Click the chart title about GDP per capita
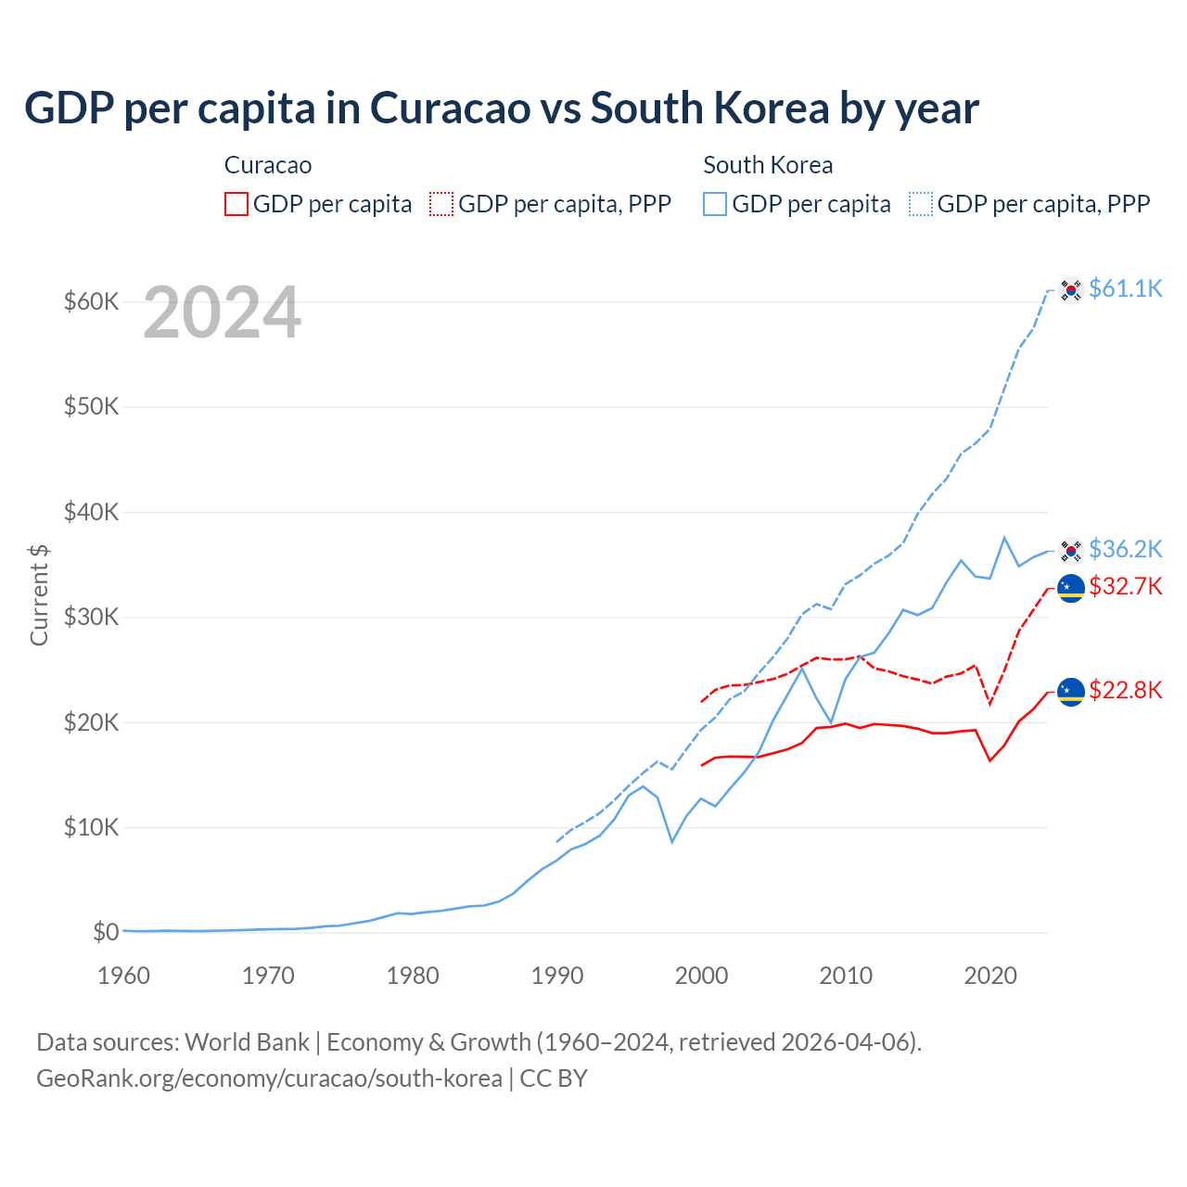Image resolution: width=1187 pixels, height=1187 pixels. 501,108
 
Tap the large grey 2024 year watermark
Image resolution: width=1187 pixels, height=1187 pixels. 222,313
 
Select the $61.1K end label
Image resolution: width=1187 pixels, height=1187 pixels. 1125,288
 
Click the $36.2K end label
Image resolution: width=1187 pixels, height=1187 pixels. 1125,549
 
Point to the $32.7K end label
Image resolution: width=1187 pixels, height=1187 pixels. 1125,586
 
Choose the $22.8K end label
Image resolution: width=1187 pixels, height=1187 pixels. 1125,690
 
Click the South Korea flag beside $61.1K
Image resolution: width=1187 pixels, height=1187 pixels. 1071,290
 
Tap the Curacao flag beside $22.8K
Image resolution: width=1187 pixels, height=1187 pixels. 1071,692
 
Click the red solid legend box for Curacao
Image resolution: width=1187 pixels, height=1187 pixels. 236,204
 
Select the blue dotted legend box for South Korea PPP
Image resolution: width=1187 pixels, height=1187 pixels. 921,204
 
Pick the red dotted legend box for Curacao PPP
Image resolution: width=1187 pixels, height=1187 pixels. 441,204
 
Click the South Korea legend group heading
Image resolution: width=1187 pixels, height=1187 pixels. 768,165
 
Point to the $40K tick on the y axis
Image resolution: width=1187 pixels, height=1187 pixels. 91,512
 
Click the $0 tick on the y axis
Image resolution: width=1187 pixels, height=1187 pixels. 106,932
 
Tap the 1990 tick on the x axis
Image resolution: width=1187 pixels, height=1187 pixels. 557,976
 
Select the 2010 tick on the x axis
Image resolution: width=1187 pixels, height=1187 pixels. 846,976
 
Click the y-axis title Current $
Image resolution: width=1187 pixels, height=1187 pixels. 39,594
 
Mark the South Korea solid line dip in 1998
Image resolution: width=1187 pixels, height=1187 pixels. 672,841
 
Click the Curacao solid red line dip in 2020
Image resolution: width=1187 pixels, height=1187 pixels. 990,760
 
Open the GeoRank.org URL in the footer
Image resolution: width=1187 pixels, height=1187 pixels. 269,1079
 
